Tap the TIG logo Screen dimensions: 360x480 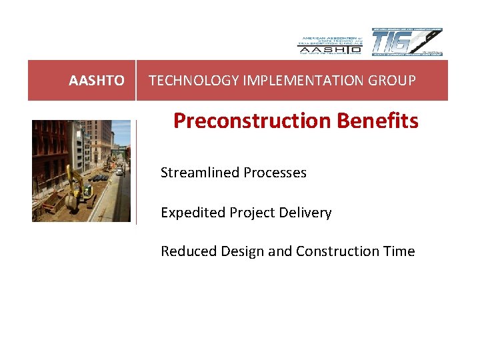406,42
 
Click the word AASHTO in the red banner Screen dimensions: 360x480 96,81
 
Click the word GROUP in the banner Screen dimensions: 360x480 393,81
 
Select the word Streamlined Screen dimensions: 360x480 200,173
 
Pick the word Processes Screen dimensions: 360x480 275,173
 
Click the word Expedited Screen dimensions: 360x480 193,213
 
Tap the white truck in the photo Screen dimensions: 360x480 119,171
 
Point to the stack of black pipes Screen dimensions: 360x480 99,178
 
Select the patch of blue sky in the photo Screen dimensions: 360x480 121,132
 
